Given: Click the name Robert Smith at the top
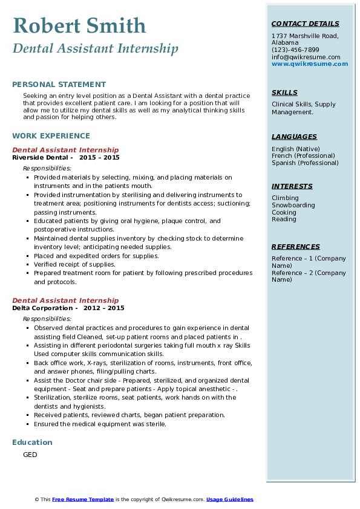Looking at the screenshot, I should pyautogui.click(x=79, y=25).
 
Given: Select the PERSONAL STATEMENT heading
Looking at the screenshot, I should pyautogui.click(x=59, y=85).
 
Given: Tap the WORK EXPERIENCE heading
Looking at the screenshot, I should pyautogui.click(x=51, y=136).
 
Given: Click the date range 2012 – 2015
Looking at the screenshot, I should pyautogui.click(x=104, y=308).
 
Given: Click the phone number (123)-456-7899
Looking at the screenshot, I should pyautogui.click(x=295, y=50).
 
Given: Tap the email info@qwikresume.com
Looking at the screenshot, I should pyautogui.click(x=306, y=57).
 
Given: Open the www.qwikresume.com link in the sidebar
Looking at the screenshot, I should pyautogui.click(x=310, y=64).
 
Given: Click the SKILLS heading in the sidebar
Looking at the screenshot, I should pyautogui.click(x=284, y=93).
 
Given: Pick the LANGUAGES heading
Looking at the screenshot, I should pyautogui.click(x=294, y=137).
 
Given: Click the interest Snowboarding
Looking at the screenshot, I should pyautogui.click(x=293, y=206).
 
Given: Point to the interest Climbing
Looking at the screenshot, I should pyautogui.click(x=285, y=198).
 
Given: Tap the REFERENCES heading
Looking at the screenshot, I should pyautogui.click(x=296, y=247).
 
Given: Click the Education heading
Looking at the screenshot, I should pyautogui.click(x=32, y=443).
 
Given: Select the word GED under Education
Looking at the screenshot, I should pyautogui.click(x=30, y=455).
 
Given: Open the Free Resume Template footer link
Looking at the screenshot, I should pyautogui.click(x=83, y=499).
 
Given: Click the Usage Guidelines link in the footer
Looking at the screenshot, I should pyautogui.click(x=230, y=499).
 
